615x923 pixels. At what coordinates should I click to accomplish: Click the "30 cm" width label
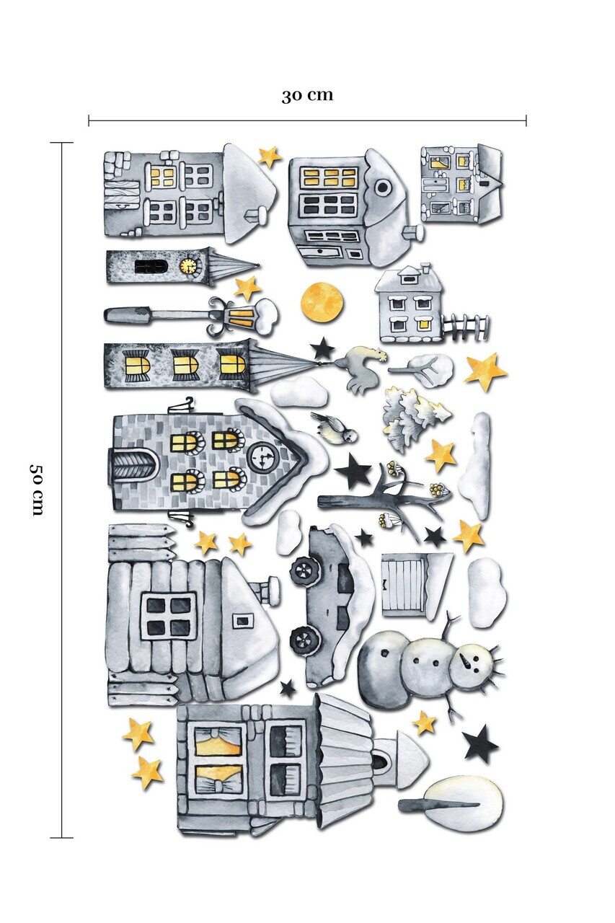tap(307, 95)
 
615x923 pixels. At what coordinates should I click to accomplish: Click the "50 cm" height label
tap(37, 490)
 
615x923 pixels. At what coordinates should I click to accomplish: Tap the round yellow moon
tap(322, 302)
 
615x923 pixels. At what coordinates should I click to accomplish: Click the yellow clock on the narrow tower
tap(188, 266)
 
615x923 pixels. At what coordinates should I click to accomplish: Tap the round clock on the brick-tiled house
tap(262, 456)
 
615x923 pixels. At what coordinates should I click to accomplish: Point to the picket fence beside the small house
tap(466, 327)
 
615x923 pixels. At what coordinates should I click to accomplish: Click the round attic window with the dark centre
tap(383, 188)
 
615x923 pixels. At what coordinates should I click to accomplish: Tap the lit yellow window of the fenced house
tap(422, 324)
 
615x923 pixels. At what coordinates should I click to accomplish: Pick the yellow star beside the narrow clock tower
tap(247, 288)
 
